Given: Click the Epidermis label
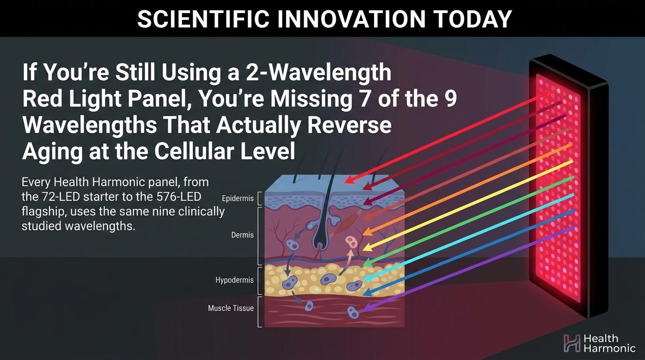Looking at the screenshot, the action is (x=238, y=198).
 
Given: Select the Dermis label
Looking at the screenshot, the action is (x=242, y=235).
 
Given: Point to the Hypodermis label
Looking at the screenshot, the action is (x=234, y=280).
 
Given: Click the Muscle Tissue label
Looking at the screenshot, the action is (x=231, y=308).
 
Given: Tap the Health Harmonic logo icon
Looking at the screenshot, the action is (x=572, y=343).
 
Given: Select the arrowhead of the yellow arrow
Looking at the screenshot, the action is (x=367, y=247).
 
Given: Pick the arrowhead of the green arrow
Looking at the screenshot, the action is (x=367, y=262).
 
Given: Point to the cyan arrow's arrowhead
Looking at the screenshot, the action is (x=367, y=278).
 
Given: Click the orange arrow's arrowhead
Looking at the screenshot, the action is (x=367, y=232).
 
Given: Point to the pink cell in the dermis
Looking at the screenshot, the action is (x=351, y=241).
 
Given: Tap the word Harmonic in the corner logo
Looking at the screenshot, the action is (x=609, y=348).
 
